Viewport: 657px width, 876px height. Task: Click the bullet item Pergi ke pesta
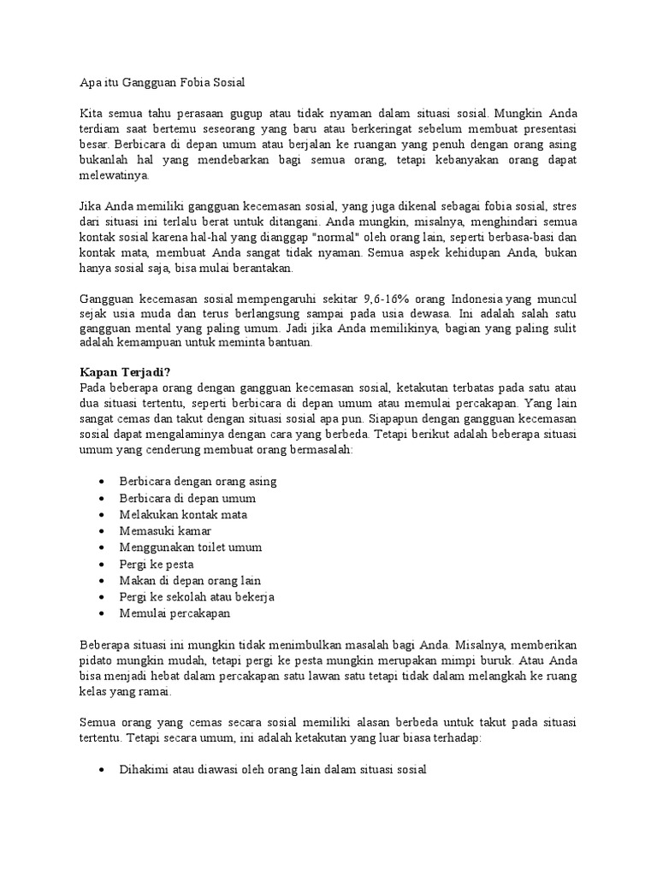pyautogui.click(x=157, y=565)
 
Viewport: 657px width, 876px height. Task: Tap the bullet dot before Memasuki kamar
pyautogui.click(x=103, y=531)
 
